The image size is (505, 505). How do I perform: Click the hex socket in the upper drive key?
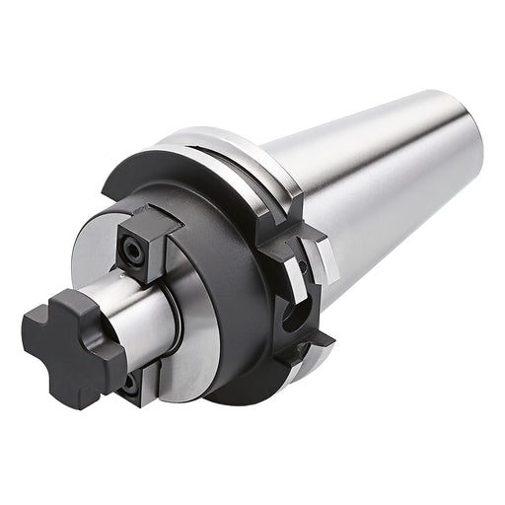[130, 252]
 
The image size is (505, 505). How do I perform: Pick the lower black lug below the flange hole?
[301, 350]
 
